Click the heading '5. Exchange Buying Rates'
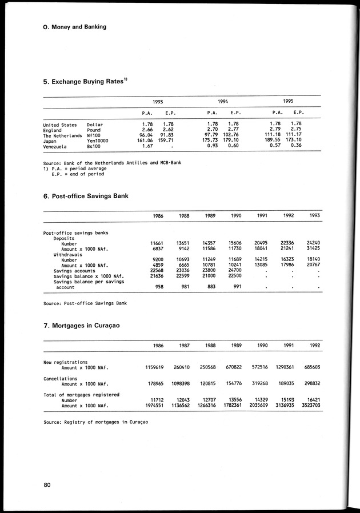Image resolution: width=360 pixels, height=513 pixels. pos(83,82)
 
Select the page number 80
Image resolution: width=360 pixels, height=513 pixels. pos(47,486)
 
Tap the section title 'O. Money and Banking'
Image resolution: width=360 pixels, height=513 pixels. pos(74,26)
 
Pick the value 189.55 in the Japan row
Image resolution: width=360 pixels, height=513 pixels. pos(274,140)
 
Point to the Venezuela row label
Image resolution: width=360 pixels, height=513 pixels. pos(56,146)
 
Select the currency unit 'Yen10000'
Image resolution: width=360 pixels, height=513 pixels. pos(101,140)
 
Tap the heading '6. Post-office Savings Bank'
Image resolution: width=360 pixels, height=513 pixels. pos(86,196)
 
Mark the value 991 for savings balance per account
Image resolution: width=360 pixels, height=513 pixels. pos(239,286)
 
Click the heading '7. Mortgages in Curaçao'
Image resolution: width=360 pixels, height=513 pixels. pos(81,326)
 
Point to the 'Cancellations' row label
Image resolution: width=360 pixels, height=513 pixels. pos(61,378)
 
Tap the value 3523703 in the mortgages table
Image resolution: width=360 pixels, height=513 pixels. pos(308,405)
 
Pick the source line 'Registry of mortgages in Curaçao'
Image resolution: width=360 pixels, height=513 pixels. pos(95,422)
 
